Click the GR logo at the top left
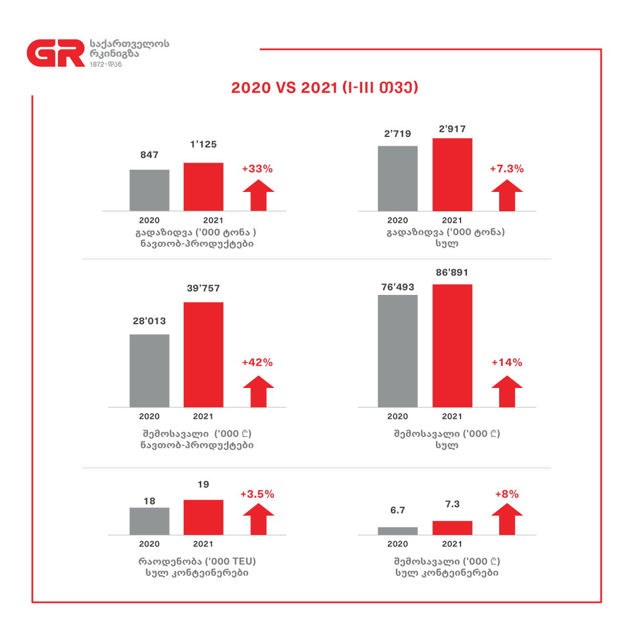56,54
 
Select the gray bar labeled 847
149,190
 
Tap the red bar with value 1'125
203,187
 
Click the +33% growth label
257,169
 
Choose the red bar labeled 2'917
452,174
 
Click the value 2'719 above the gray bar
397,134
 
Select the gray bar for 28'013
149,370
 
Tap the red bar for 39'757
203,355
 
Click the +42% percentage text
257,362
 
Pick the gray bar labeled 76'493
397,351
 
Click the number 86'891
452,273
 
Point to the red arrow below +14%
507,391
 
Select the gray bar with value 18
149,521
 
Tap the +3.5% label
257,494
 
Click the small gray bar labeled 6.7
397,531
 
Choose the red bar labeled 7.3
452,528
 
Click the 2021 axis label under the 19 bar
203,544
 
